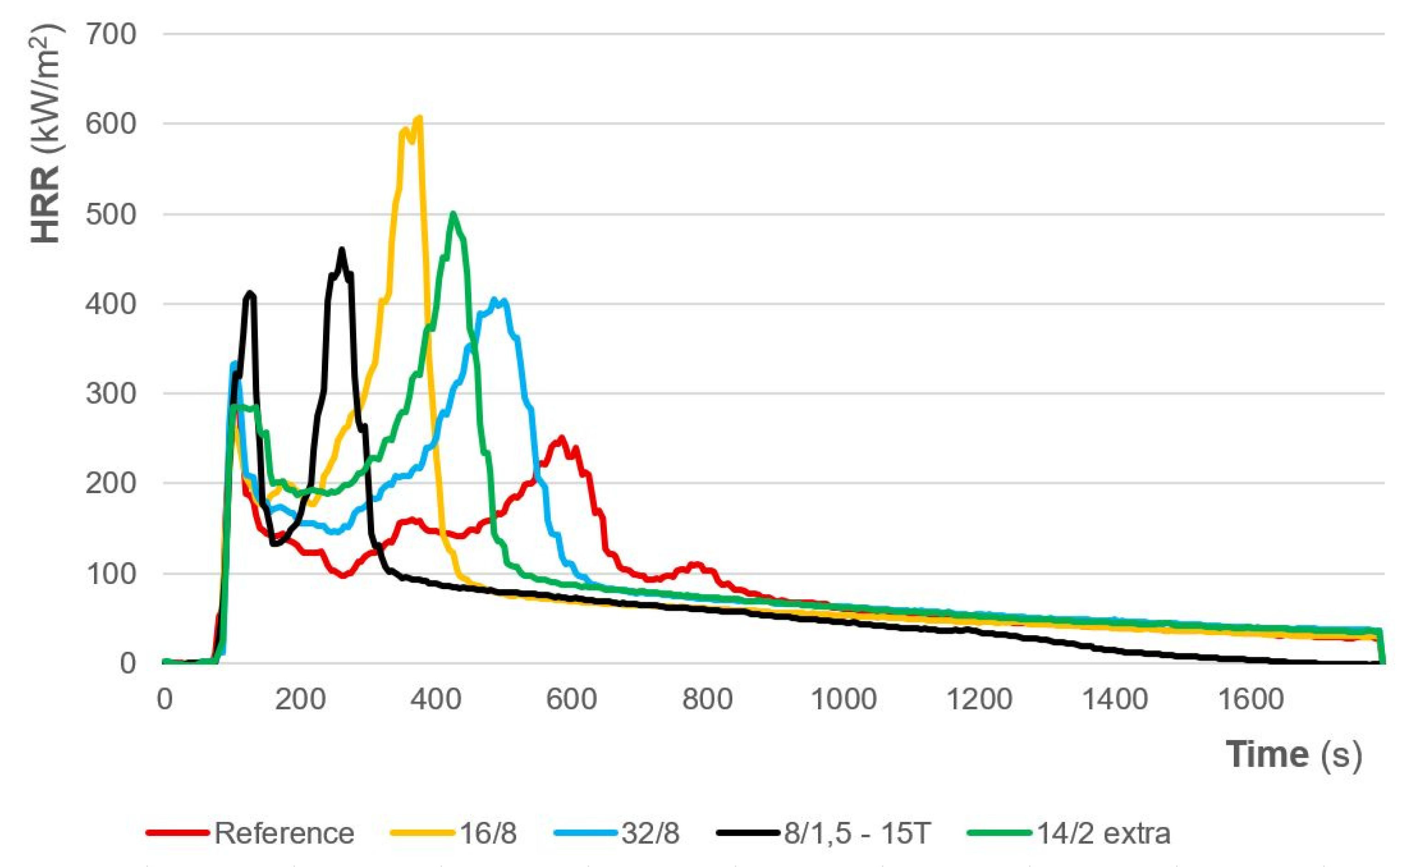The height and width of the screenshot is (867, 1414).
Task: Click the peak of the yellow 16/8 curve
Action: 419,118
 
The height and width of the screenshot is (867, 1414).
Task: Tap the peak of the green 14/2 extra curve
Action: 454,213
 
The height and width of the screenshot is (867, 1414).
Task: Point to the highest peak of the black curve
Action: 342,250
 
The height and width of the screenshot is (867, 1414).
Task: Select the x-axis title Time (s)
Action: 1294,755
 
